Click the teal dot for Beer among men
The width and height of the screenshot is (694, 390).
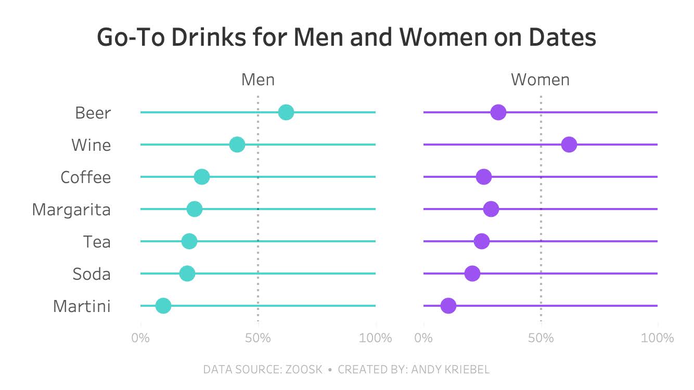click(286, 112)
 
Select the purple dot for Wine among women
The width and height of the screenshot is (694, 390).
click(569, 145)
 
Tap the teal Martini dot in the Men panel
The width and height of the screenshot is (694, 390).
click(163, 306)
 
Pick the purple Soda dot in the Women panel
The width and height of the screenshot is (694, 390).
click(472, 274)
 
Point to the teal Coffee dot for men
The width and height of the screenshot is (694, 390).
click(202, 177)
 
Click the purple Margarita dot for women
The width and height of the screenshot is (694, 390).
click(491, 209)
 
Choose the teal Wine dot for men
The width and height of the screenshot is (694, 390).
click(237, 145)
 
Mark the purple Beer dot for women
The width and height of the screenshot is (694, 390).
click(498, 112)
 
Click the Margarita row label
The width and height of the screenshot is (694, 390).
click(71, 210)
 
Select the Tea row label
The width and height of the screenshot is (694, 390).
click(97, 242)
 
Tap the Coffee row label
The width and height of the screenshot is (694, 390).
click(86, 177)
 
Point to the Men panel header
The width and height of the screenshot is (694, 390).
click(258, 80)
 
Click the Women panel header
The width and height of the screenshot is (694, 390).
click(540, 80)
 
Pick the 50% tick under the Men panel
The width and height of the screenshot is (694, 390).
click(258, 338)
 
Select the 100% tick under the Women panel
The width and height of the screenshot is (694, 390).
click(658, 338)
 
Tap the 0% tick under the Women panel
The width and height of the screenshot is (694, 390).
click(424, 338)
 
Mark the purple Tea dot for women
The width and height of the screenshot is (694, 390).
click(482, 241)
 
